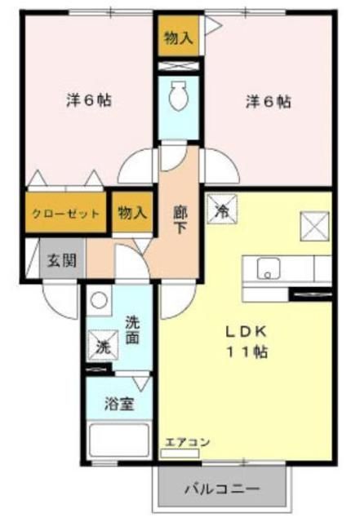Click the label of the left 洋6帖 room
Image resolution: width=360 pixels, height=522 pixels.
pyautogui.click(x=88, y=101)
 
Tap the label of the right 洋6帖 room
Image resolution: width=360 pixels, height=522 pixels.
pyautogui.click(x=269, y=102)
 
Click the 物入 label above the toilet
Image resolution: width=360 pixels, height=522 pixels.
pyautogui.click(x=177, y=38)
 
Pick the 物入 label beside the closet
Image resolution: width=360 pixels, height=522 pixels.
pyautogui.click(x=132, y=214)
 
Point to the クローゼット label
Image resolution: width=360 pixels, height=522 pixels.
pyautogui.click(x=66, y=215)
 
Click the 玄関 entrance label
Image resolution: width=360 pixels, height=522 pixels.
pyautogui.click(x=60, y=262)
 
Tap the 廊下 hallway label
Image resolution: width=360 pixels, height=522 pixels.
pyautogui.click(x=180, y=219)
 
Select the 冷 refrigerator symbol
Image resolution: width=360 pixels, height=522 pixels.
pyautogui.click(x=221, y=210)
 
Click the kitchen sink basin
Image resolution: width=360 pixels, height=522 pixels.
pyautogui.click(x=267, y=268)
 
